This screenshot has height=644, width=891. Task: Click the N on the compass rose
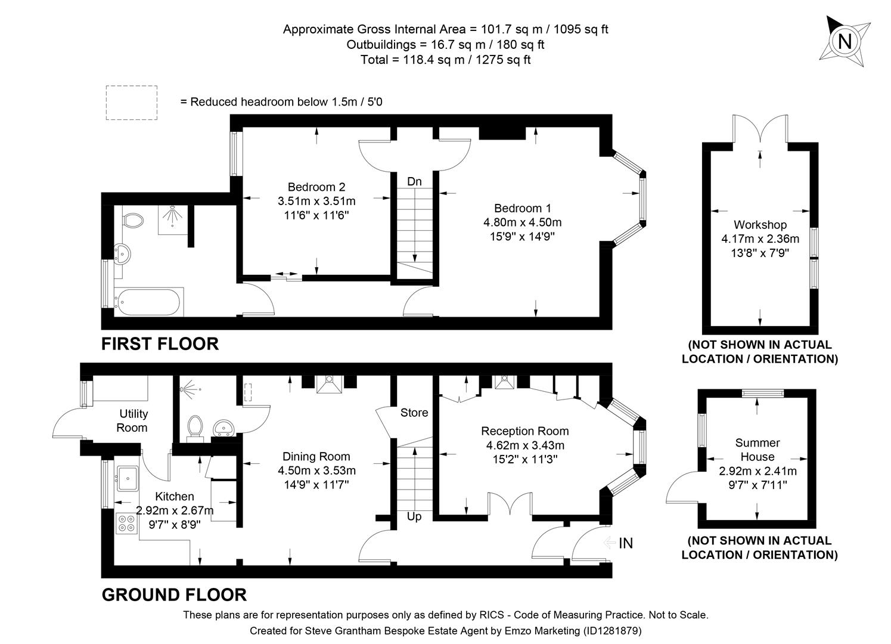point(845,42)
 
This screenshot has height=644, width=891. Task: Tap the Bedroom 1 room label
point(522,208)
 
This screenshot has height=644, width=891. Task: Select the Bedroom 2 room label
point(316,187)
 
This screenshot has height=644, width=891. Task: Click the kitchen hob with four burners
point(126,523)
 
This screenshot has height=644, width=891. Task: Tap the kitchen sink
point(128,476)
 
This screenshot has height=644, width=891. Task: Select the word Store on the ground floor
point(414,413)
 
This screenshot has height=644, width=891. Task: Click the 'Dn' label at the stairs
point(414,181)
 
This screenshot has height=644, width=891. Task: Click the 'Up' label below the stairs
point(414,516)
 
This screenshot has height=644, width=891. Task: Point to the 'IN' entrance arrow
point(618,543)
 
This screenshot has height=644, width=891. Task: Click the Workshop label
point(760,225)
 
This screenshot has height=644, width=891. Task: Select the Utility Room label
point(134,420)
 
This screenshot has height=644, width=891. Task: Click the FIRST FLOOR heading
point(160,343)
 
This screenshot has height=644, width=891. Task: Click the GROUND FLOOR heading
point(174,595)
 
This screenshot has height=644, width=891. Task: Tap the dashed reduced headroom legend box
point(132,103)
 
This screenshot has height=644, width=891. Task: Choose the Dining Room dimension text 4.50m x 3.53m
point(316,470)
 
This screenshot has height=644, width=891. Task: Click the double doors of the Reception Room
point(510,504)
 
